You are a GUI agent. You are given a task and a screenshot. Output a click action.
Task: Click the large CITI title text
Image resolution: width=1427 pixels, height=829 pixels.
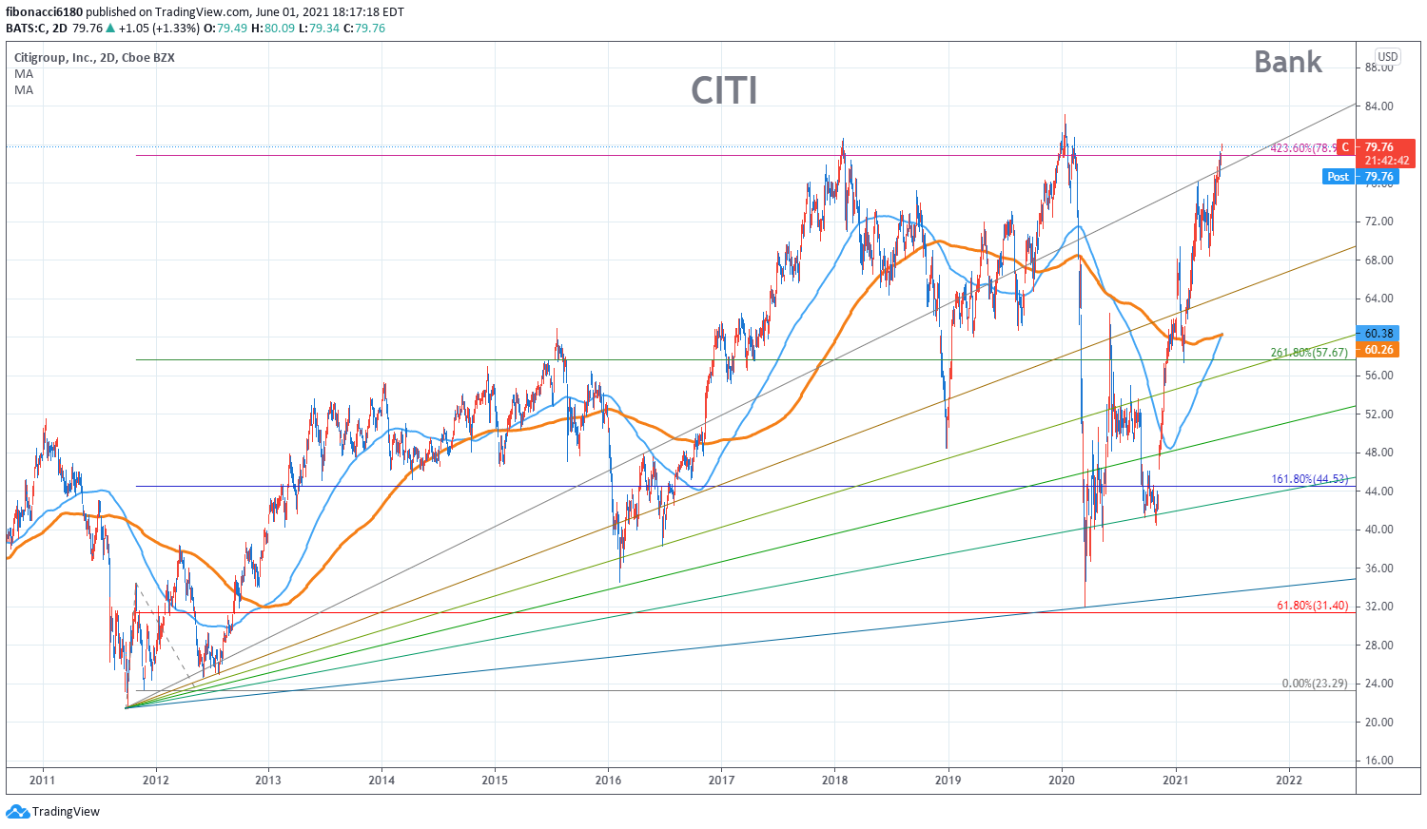pyautogui.click(x=724, y=90)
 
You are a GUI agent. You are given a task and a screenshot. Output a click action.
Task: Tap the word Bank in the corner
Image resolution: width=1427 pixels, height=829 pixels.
pyautogui.click(x=1287, y=62)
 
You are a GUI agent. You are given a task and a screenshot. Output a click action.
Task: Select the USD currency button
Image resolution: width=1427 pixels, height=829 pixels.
pyautogui.click(x=1388, y=57)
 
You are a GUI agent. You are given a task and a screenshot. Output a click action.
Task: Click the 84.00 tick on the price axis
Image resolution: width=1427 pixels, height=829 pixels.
pyautogui.click(x=1378, y=106)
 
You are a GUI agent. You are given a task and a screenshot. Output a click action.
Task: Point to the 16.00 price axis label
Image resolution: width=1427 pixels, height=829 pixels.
pyautogui.click(x=1378, y=761)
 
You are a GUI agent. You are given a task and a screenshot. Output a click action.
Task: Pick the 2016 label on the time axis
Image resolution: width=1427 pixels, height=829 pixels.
pyautogui.click(x=608, y=781)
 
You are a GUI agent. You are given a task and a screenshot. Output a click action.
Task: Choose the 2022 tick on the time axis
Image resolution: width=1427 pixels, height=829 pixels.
pyautogui.click(x=1289, y=781)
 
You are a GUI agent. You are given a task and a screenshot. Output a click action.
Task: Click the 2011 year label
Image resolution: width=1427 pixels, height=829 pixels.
pyautogui.click(x=43, y=781)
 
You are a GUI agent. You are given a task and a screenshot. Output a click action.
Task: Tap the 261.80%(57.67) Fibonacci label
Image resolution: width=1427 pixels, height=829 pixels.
pyautogui.click(x=1309, y=353)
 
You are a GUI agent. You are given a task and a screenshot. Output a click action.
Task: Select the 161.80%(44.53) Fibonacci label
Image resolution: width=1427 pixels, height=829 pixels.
pyautogui.click(x=1309, y=479)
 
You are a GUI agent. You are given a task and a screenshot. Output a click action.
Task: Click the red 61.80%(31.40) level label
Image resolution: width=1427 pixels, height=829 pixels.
pyautogui.click(x=1312, y=606)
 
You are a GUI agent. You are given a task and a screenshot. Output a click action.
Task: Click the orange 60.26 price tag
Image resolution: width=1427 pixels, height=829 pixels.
pyautogui.click(x=1378, y=350)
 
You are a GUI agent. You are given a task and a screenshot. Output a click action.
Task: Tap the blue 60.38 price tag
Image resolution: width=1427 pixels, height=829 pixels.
pyautogui.click(x=1378, y=334)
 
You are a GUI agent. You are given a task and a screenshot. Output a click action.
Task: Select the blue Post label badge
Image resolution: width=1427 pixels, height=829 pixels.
pyautogui.click(x=1338, y=177)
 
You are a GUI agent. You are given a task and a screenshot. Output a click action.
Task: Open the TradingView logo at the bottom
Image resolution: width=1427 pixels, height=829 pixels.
pyautogui.click(x=53, y=812)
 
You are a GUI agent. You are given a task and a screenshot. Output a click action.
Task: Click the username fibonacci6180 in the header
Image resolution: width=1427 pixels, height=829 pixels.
pyautogui.click(x=45, y=12)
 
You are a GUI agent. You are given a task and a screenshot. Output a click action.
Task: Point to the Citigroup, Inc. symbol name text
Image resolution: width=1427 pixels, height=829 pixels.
pyautogui.click(x=55, y=58)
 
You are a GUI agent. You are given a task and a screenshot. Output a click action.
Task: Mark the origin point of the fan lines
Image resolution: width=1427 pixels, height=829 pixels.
pyautogui.click(x=126, y=707)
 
